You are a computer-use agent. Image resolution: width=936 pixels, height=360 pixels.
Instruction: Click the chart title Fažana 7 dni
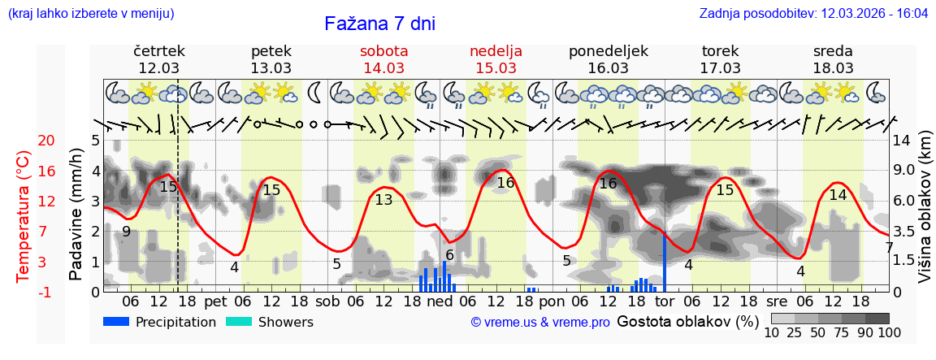click(379, 24)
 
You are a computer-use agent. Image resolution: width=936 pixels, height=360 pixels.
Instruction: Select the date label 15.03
click(496, 68)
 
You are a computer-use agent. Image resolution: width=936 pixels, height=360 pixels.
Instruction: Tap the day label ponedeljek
click(608, 51)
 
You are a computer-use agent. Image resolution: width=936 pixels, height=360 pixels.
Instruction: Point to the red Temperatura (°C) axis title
click(24, 216)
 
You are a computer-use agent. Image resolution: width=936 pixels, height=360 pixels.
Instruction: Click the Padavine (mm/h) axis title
click(76, 215)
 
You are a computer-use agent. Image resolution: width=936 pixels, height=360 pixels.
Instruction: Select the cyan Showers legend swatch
click(239, 322)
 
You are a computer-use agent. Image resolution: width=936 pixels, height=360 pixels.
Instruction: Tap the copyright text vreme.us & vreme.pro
click(540, 323)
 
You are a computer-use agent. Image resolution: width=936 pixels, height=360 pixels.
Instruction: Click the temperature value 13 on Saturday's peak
click(383, 200)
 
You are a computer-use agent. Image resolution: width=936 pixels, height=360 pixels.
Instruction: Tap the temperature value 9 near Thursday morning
click(126, 232)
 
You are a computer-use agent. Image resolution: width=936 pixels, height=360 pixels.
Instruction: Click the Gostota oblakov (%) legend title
click(687, 322)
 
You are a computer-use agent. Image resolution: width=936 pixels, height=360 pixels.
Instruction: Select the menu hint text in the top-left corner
click(91, 14)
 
